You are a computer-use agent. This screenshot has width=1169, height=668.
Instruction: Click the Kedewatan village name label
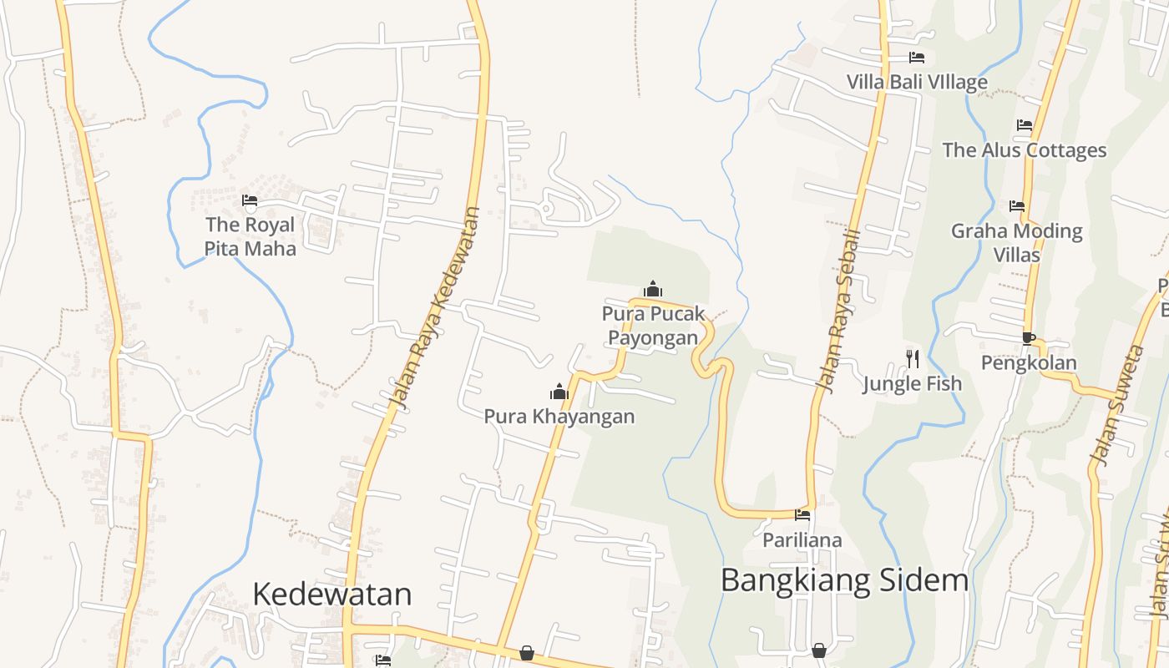pyautogui.click(x=331, y=595)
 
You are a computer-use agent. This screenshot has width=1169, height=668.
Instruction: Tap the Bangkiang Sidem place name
pyautogui.click(x=844, y=579)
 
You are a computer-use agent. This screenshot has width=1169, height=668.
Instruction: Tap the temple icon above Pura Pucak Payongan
pyautogui.click(x=653, y=290)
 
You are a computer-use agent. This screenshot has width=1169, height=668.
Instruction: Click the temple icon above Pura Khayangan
pyautogui.click(x=559, y=391)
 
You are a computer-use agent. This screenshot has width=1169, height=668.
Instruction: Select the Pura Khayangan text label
pyautogui.click(x=559, y=416)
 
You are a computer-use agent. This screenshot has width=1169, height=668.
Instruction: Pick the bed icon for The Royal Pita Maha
pyautogui.click(x=249, y=200)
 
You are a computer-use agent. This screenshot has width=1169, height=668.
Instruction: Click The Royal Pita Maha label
pyautogui.click(x=250, y=236)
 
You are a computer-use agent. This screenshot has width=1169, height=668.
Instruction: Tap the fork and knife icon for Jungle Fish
pyautogui.click(x=913, y=358)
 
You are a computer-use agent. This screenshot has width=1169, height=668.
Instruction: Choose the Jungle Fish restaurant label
pyautogui.click(x=912, y=384)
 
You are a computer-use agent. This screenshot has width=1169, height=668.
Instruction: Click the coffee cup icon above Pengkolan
pyautogui.click(x=1028, y=338)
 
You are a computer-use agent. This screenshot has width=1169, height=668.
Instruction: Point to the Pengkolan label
pyautogui.click(x=1029, y=363)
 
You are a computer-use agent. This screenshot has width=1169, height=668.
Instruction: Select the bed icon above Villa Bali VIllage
pyautogui.click(x=916, y=58)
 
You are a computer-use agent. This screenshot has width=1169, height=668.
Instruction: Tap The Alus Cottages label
pyautogui.click(x=1024, y=150)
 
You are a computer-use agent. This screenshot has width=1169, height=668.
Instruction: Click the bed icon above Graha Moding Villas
pyautogui.click(x=1016, y=205)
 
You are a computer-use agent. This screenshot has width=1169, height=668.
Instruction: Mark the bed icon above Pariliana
pyautogui.click(x=802, y=515)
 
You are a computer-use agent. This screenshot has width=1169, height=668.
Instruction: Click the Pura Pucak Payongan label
pyautogui.click(x=653, y=326)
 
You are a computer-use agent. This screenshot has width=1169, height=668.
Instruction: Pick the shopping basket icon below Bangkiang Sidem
pyautogui.click(x=819, y=650)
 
